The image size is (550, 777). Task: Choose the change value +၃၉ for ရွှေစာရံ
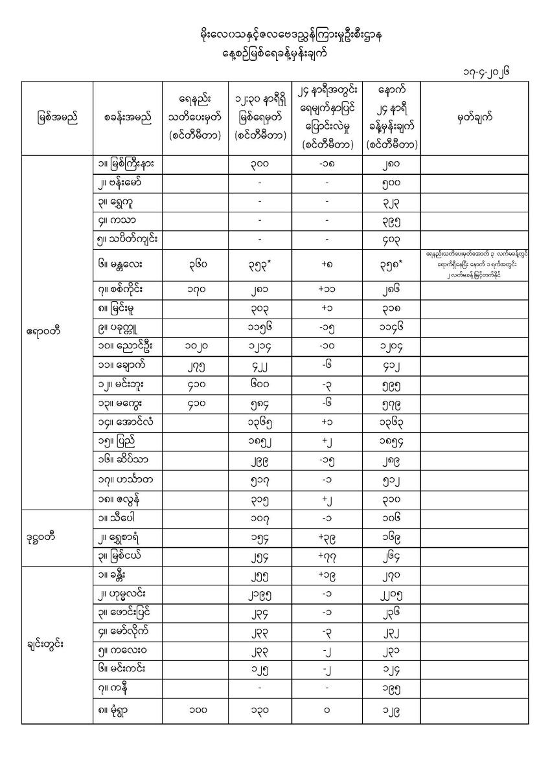tap(327, 535)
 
